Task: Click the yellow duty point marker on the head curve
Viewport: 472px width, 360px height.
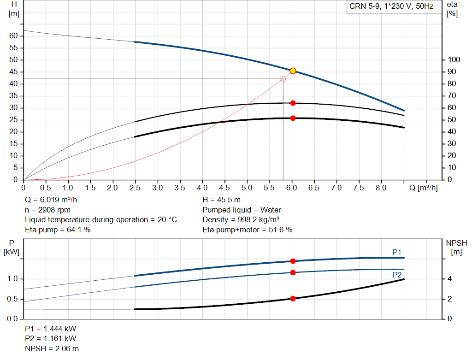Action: [x=293, y=71]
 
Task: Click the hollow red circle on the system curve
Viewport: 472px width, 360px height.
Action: [x=283, y=79]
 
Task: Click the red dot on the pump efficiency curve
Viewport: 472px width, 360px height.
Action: [x=293, y=103]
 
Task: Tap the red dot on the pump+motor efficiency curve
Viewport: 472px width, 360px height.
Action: [x=293, y=118]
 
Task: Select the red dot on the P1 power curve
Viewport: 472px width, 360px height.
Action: [x=293, y=261]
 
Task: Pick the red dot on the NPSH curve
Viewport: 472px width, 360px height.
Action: [x=293, y=299]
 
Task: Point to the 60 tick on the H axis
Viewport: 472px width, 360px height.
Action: [x=13, y=35]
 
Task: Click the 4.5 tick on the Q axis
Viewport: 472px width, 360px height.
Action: [x=224, y=188]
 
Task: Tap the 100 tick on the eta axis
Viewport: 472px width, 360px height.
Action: [x=454, y=60]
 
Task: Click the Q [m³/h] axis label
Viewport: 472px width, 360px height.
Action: [x=423, y=188]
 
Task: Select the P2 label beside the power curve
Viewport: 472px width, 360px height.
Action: [x=396, y=275]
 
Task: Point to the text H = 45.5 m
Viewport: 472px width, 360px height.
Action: [x=221, y=200]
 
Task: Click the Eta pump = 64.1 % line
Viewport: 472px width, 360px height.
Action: [x=58, y=230]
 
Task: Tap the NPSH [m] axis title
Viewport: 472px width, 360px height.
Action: [x=456, y=247]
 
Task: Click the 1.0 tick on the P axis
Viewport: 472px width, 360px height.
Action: [x=12, y=279]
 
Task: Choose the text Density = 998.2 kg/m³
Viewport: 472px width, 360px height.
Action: [x=241, y=220]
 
